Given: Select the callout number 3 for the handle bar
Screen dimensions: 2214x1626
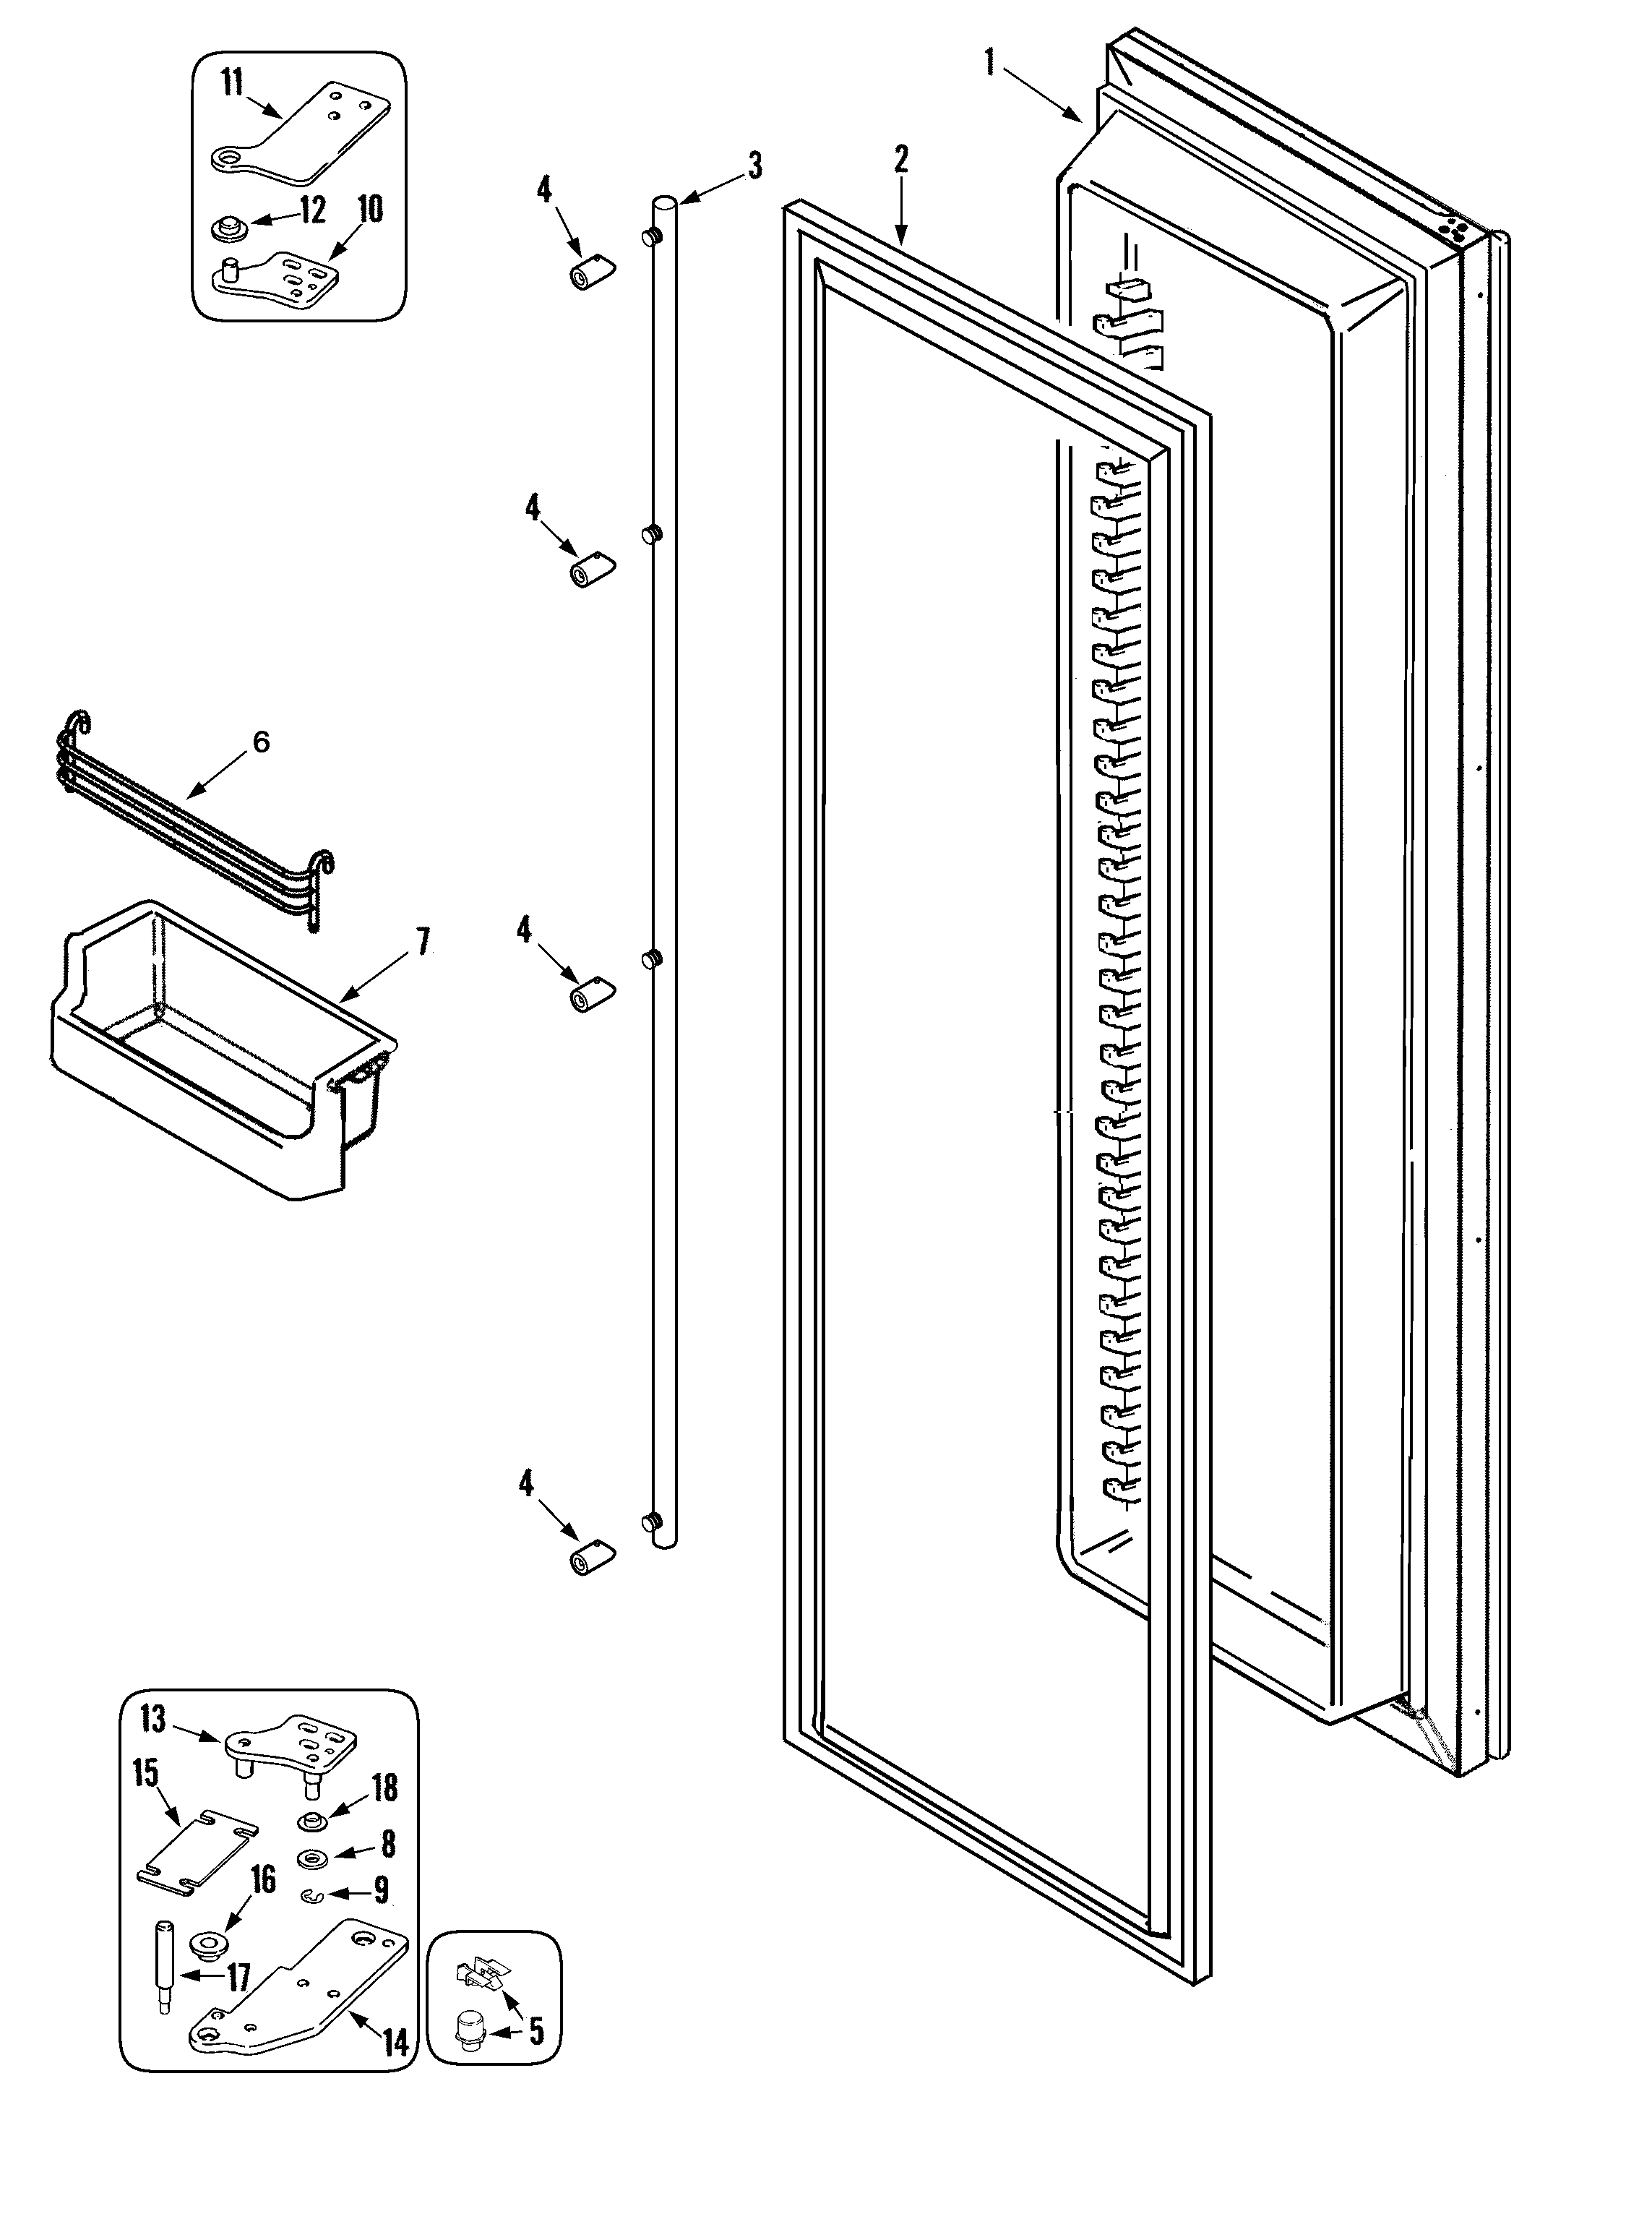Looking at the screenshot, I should (x=755, y=166).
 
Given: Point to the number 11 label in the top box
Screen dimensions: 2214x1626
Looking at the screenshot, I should (x=231, y=84).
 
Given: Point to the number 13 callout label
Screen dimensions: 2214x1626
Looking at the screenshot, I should (x=152, y=1720).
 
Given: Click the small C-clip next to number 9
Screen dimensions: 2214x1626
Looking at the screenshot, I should (x=312, y=1893).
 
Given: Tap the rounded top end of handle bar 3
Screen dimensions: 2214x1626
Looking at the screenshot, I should (x=663, y=204).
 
